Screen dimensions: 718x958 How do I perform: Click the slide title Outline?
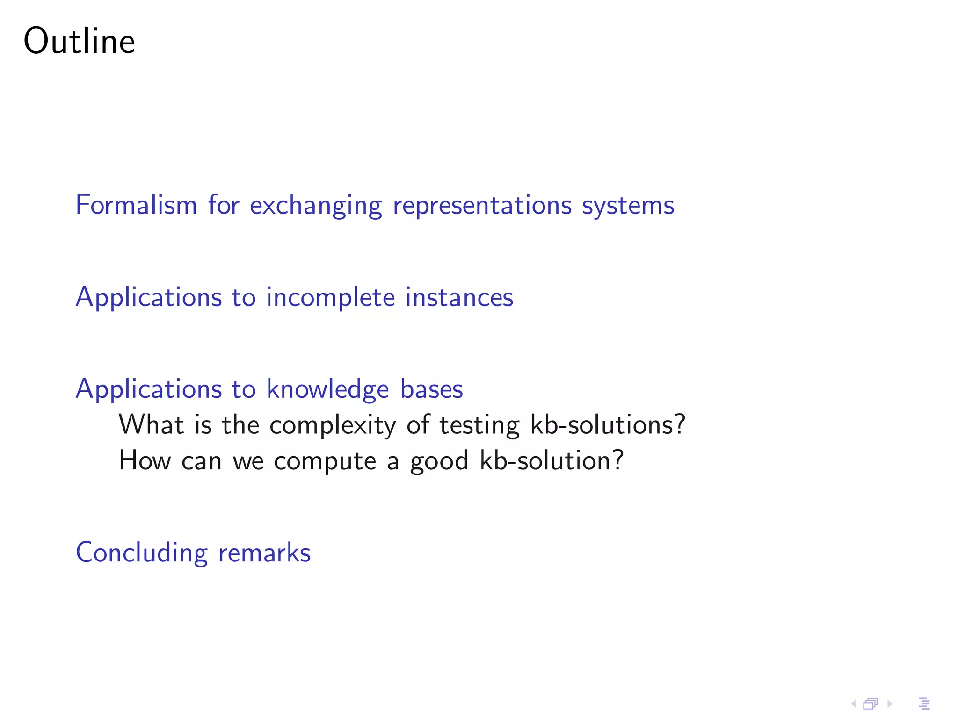click(79, 41)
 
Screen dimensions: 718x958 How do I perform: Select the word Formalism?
click(136, 205)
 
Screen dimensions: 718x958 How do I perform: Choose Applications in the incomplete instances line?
click(149, 298)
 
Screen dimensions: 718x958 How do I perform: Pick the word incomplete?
click(331, 298)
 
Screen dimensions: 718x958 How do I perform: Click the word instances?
click(459, 298)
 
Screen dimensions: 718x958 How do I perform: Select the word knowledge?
click(327, 389)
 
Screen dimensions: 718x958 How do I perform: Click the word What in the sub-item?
click(151, 424)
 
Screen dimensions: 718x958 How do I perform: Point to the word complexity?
click(333, 425)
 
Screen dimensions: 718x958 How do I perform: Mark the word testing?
click(479, 425)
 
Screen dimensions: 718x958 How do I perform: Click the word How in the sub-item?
click(145, 460)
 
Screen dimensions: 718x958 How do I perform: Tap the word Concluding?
click(141, 553)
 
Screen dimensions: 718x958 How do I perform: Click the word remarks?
click(264, 553)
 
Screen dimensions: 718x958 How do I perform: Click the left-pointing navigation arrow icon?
click(853, 704)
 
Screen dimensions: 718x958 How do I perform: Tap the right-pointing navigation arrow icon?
click(890, 704)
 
